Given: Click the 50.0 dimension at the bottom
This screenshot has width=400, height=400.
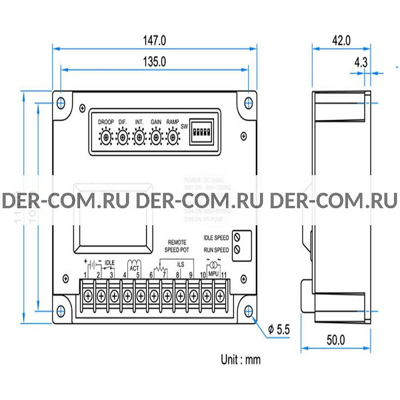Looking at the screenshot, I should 335,340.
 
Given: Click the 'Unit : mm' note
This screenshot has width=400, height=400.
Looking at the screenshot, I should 240,359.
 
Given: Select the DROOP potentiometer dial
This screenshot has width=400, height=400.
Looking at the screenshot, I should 106,136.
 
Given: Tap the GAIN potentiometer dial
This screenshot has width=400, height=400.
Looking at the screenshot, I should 155,136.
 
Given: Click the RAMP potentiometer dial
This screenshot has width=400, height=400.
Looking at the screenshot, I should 172,136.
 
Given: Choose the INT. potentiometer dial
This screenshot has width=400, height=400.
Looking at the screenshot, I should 139,136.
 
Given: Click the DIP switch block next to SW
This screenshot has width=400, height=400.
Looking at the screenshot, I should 202,132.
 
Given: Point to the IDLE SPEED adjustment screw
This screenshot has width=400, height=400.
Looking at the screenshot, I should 237,237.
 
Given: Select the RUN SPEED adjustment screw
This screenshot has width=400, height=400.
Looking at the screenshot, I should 237,249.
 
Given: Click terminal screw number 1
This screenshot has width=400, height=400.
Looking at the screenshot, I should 88,296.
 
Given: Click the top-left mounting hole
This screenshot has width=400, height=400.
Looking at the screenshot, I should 60,102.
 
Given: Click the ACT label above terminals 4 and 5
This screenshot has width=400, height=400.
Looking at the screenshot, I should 134,268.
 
